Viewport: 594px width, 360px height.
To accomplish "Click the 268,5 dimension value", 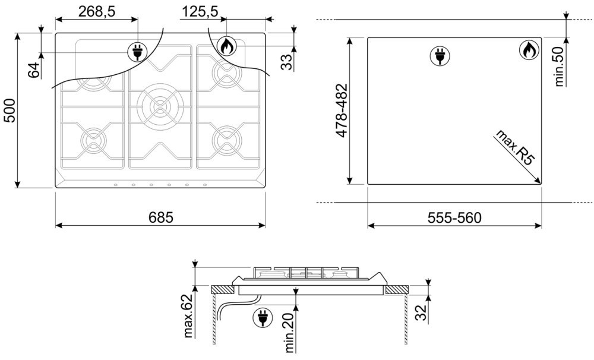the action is (x=97, y=11).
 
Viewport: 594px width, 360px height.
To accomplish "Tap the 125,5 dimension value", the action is (x=200, y=11).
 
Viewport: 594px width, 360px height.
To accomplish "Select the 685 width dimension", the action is (x=160, y=217).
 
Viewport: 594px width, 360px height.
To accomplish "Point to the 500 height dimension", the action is (x=9, y=110).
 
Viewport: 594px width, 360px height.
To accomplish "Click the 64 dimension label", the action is (x=34, y=70).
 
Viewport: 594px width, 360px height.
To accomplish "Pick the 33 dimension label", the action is (x=287, y=62).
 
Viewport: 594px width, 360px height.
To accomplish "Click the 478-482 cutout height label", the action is (x=342, y=110).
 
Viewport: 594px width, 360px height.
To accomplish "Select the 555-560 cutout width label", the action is (x=454, y=218).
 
